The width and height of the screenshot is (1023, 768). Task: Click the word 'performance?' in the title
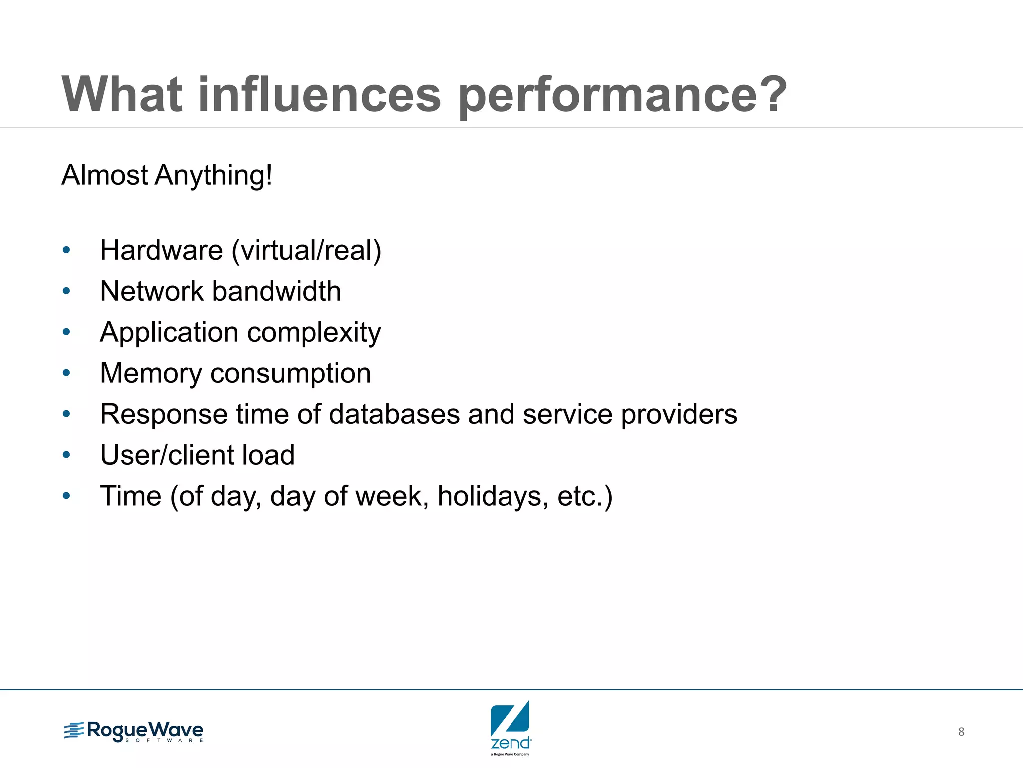click(x=622, y=96)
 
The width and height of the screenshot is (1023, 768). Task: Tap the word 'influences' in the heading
click(x=320, y=95)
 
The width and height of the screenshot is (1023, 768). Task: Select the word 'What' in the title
click(x=122, y=95)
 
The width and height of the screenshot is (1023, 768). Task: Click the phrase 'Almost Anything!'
click(x=167, y=176)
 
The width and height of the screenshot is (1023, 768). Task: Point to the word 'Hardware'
click(x=161, y=250)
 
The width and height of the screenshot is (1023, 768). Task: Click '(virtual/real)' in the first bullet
click(x=306, y=250)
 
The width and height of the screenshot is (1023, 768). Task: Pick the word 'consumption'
click(x=290, y=374)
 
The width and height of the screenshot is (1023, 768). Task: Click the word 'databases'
click(x=394, y=414)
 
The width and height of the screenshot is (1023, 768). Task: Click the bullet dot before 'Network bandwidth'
click(x=66, y=291)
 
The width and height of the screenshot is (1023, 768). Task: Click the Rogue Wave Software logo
click(x=133, y=732)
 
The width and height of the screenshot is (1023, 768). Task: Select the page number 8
click(x=961, y=732)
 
